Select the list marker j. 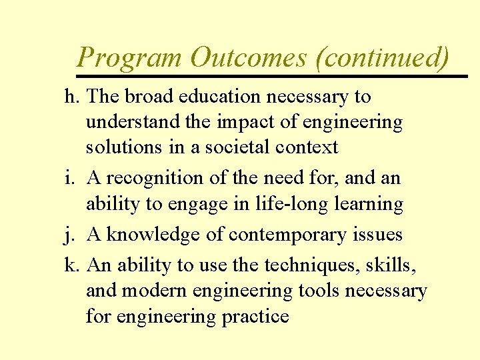coord(69,235)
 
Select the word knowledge coord(153,235)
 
